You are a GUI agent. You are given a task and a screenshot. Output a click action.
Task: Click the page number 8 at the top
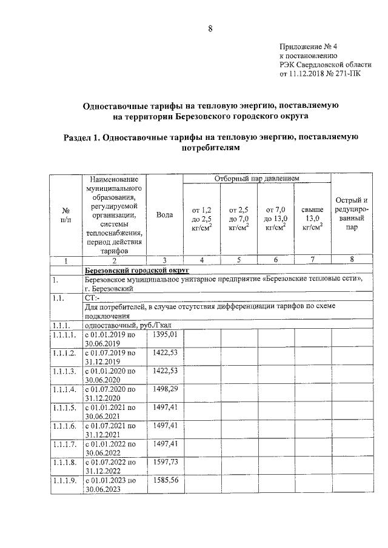[210, 28]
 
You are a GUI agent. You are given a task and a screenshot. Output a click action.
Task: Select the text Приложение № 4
[305, 47]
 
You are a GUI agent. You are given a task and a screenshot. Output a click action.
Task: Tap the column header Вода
[164, 215]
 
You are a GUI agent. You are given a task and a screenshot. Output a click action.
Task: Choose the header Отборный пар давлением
[257, 179]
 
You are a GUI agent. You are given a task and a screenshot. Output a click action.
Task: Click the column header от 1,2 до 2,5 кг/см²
[202, 219]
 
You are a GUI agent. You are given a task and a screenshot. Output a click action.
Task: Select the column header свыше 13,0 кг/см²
[312, 219]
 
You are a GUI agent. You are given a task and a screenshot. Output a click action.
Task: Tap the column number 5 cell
[239, 260]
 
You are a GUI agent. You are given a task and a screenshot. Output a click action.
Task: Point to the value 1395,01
[165, 334]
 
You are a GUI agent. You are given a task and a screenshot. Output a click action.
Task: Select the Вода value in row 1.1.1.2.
[165, 352]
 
